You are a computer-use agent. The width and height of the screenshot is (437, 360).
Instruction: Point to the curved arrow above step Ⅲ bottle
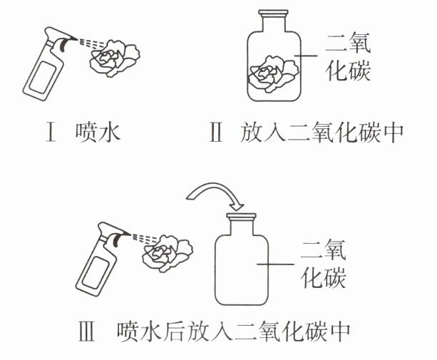point(214,189)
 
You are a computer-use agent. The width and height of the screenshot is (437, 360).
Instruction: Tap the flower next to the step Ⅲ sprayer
point(167,252)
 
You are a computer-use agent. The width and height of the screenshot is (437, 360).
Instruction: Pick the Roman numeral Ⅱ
point(216,133)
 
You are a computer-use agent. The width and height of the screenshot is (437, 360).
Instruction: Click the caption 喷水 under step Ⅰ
point(96,133)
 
